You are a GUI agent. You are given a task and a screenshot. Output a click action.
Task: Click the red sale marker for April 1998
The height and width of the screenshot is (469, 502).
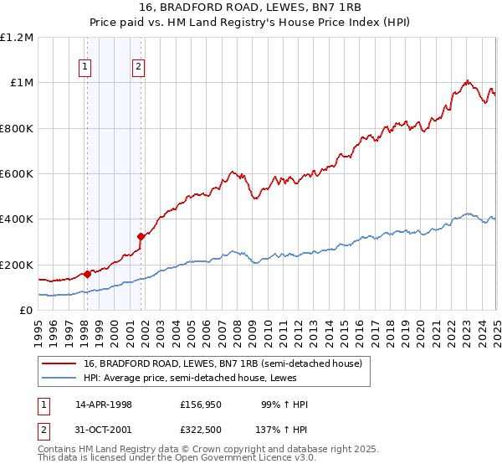[x=87, y=274]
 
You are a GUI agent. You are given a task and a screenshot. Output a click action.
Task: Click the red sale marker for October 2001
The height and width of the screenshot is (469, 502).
[x=141, y=236]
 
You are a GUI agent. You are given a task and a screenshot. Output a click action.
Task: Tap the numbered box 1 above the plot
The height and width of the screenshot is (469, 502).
[x=85, y=69]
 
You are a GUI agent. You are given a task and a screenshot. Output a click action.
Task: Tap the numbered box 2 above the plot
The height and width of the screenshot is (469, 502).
[x=138, y=69]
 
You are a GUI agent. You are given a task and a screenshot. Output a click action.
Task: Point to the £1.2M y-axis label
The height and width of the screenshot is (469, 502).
[x=17, y=38]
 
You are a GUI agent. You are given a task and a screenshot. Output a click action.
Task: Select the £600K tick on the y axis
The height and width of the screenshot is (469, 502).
[x=17, y=174]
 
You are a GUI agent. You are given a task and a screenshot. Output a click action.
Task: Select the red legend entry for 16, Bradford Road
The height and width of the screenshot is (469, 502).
[x=222, y=363]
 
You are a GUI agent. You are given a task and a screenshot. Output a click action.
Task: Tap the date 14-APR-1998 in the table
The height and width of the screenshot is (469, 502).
[x=104, y=405]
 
